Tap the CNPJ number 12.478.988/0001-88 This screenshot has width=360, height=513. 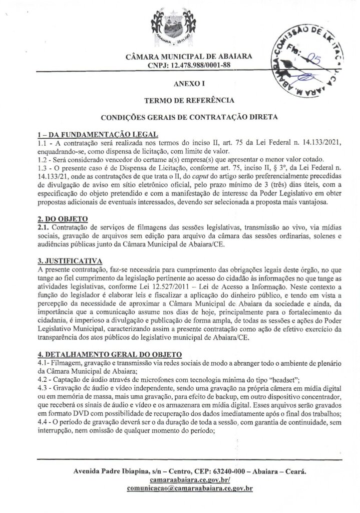pos(197,66)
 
